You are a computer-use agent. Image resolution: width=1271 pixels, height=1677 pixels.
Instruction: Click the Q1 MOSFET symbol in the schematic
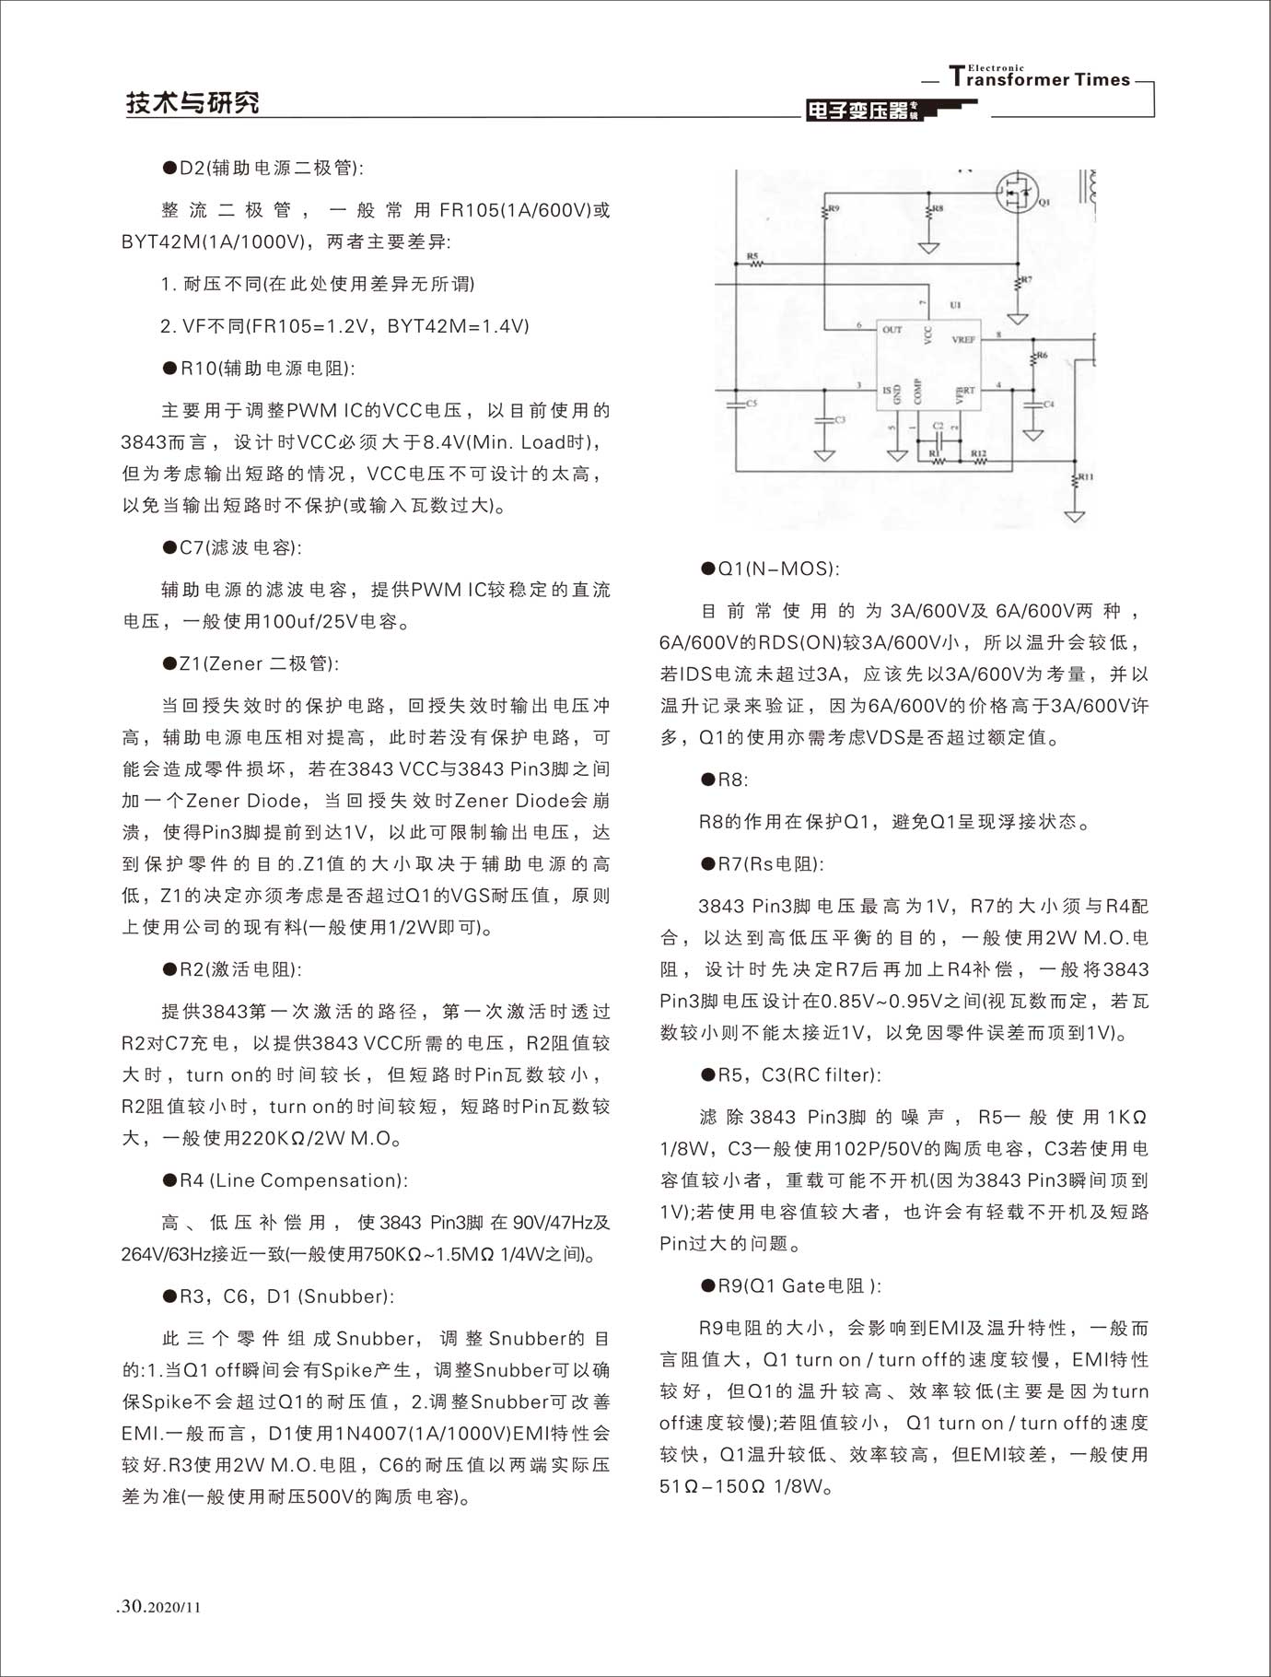(x=1016, y=194)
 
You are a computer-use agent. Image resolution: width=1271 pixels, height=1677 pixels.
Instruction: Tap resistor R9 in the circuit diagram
(x=825, y=213)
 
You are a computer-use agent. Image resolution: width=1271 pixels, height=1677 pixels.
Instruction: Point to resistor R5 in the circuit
(x=755, y=264)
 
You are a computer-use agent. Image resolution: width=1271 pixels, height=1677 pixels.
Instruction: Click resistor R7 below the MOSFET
(x=1018, y=280)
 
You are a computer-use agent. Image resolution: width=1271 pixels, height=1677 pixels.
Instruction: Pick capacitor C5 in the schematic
(x=738, y=404)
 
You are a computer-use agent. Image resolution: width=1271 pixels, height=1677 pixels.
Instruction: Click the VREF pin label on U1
(x=963, y=340)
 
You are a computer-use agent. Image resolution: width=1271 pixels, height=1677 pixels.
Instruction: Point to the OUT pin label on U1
(x=892, y=329)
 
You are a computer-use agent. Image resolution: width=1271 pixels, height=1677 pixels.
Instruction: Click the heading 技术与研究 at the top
(x=192, y=103)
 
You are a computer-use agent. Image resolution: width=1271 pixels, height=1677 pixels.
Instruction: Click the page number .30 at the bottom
(x=129, y=1606)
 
